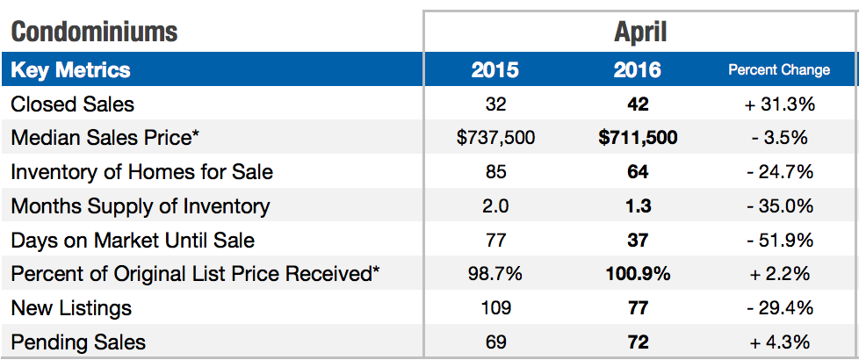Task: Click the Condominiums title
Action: tap(94, 32)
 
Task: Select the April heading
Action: tap(640, 32)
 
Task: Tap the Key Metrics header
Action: tap(70, 70)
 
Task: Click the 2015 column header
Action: tap(495, 70)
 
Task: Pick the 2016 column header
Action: tap(638, 70)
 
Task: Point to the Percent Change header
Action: tap(779, 70)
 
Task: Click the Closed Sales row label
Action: tap(72, 104)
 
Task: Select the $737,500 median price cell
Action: tap(495, 138)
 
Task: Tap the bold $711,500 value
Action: tap(638, 138)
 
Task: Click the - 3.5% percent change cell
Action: tap(779, 138)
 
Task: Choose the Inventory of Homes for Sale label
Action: tap(141, 172)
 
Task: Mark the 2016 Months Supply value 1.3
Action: tap(638, 206)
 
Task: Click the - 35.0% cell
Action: tap(779, 206)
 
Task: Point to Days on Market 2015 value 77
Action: tap(495, 240)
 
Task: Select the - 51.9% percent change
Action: tap(779, 240)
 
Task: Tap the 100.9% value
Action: tap(638, 274)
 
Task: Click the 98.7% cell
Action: tap(495, 274)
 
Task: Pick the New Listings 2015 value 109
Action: tap(495, 308)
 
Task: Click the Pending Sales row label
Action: tap(78, 342)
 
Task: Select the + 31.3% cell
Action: tap(779, 104)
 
